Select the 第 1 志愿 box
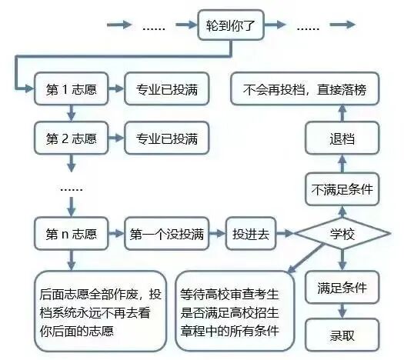click(x=72, y=89)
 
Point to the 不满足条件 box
click(x=342, y=188)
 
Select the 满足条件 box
click(x=342, y=288)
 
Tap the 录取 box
click(x=342, y=335)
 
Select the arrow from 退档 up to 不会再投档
click(x=342, y=114)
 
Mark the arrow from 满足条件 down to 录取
click(x=342, y=312)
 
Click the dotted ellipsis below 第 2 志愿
click(x=71, y=187)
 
